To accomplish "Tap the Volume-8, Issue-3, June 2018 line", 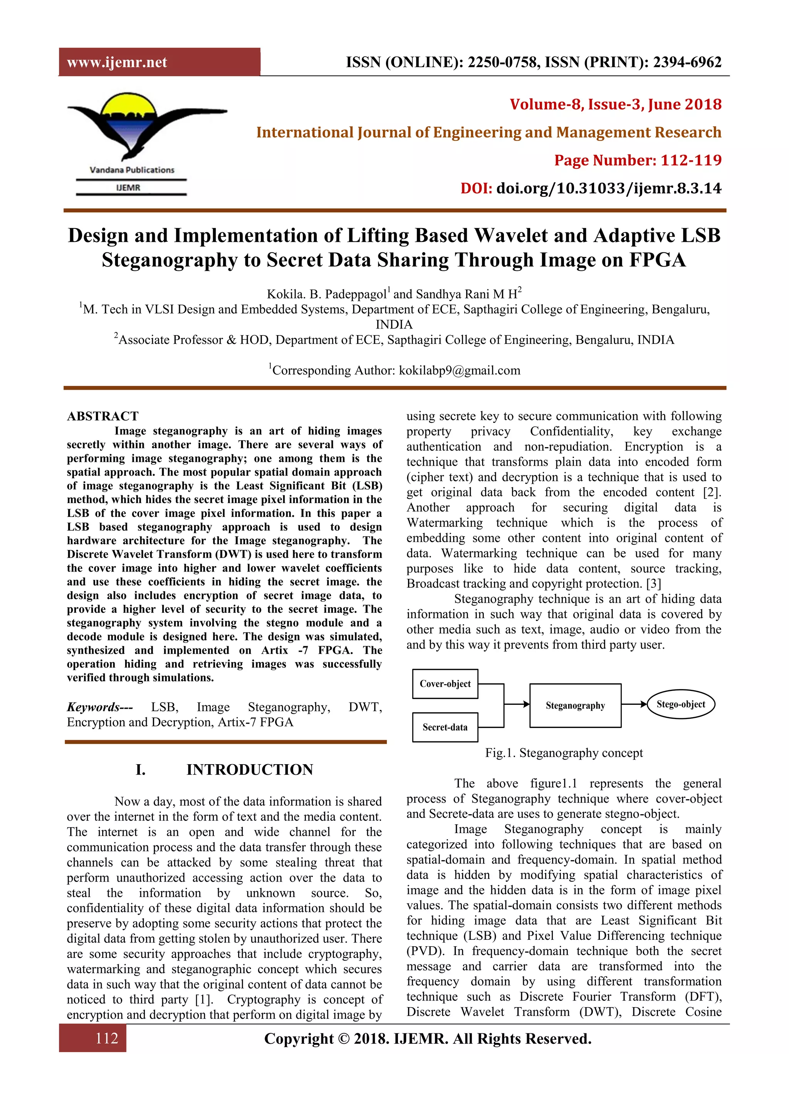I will click(x=615, y=104).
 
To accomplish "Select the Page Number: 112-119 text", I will click(x=638, y=160).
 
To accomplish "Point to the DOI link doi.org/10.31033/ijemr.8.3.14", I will click(x=608, y=188).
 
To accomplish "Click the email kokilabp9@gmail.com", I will click(x=459, y=371).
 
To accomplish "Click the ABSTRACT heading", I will click(x=102, y=416).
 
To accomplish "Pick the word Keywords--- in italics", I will click(x=100, y=707).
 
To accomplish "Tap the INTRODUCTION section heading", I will click(x=250, y=770).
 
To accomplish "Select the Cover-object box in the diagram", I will click(x=445, y=684).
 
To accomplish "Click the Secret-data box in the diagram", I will click(x=445, y=727).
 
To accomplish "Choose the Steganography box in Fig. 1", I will click(x=575, y=706).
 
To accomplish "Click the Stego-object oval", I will click(x=681, y=704).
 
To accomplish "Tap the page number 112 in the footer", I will click(x=106, y=1038).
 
